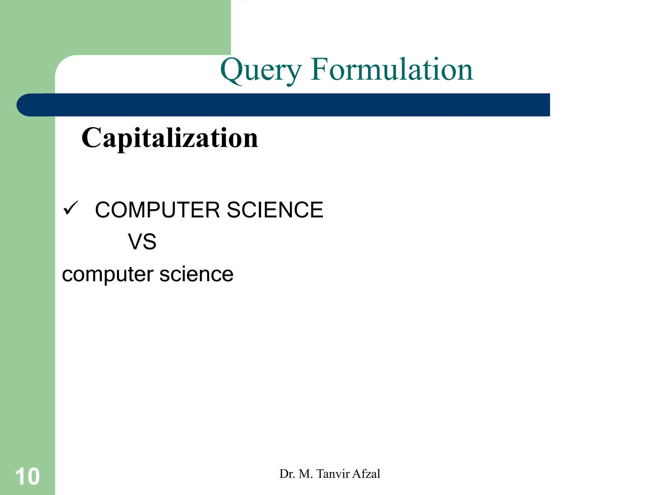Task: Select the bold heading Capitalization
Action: (170, 138)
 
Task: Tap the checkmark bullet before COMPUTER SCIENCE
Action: (71, 208)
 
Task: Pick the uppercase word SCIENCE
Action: (275, 210)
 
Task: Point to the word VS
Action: (142, 242)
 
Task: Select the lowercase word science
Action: (196, 274)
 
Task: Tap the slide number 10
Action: (27, 476)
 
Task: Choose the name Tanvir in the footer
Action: (333, 474)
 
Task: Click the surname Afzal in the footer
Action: (366, 474)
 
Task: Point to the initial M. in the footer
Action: (306, 474)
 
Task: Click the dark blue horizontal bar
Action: (290, 105)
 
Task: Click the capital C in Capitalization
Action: (92, 138)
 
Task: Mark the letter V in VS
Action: (135, 242)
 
